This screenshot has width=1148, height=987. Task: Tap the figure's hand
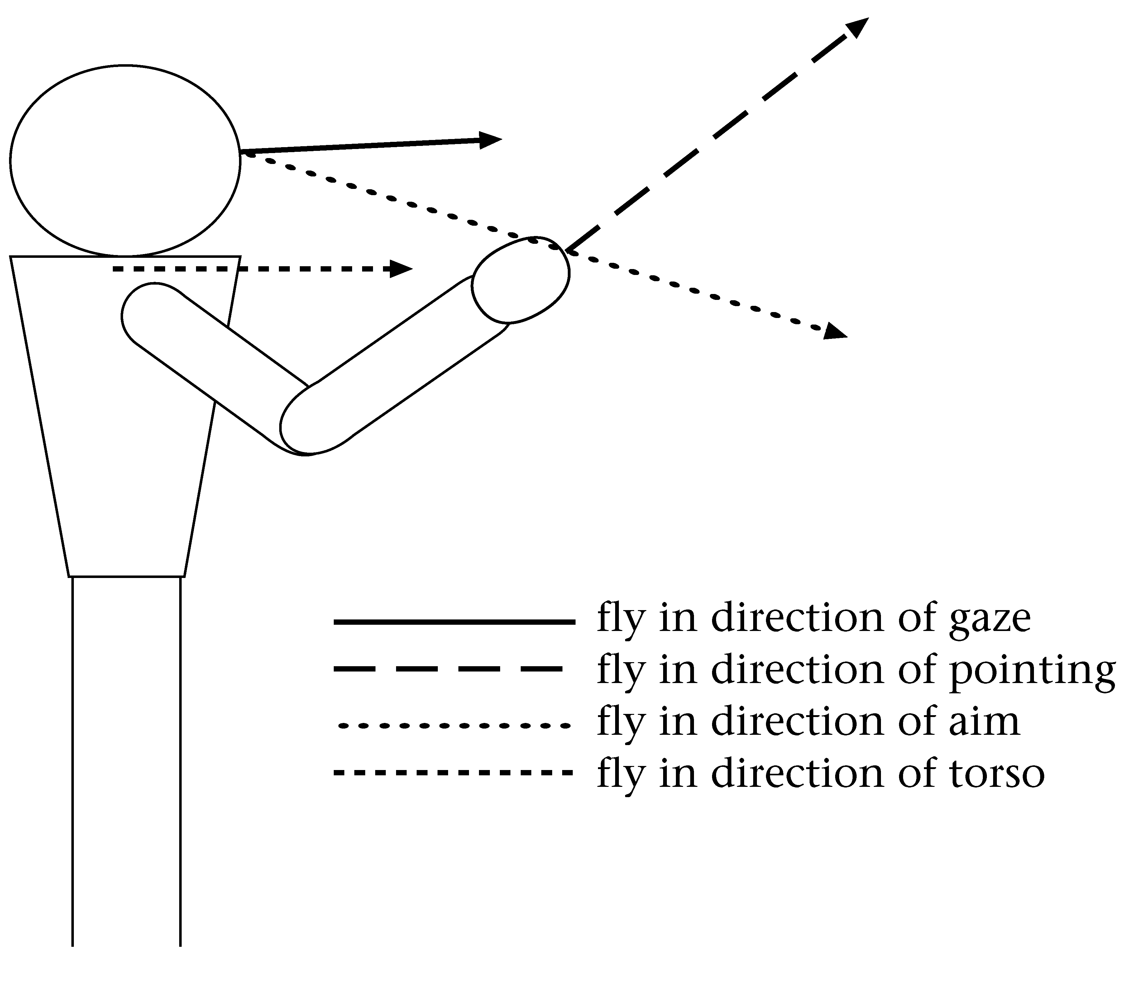tap(521, 280)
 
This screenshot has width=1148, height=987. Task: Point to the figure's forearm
tap(404, 360)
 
